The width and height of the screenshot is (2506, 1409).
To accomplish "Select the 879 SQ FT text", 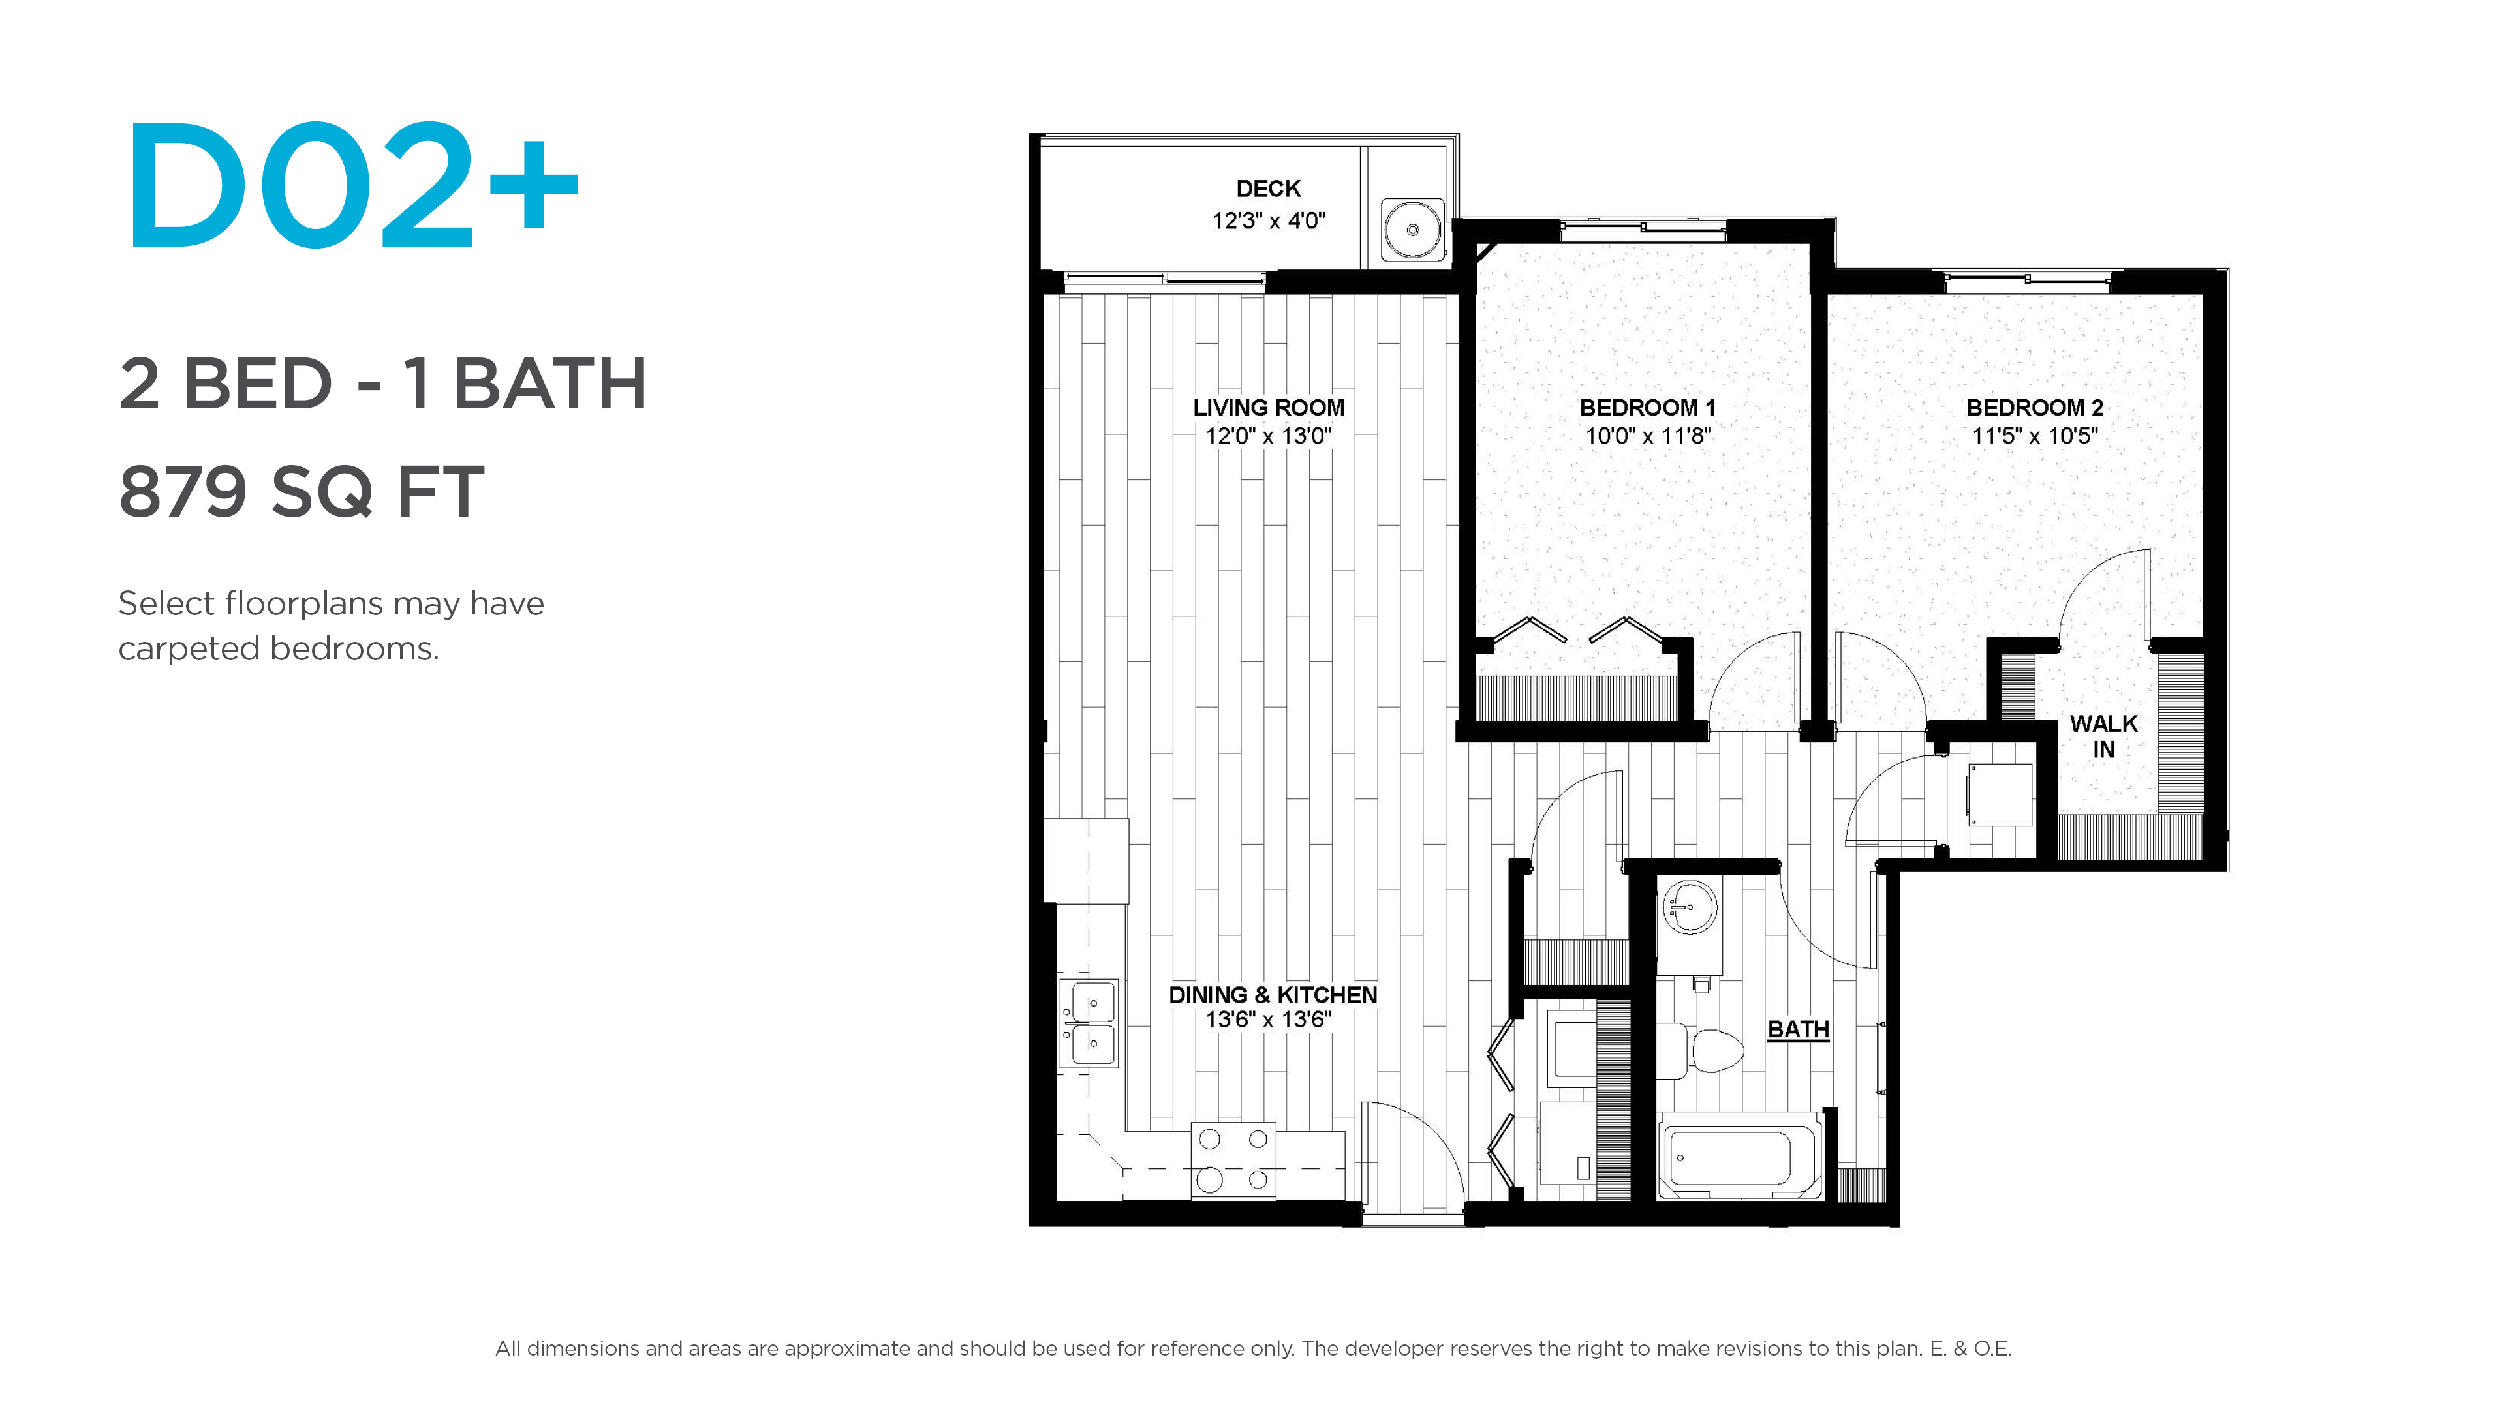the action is tap(302, 492).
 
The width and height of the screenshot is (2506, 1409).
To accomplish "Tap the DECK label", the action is tap(1267, 189).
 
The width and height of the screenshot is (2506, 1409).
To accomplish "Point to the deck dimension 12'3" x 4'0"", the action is tap(1269, 220).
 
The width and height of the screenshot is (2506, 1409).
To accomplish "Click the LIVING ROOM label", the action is tap(1269, 408).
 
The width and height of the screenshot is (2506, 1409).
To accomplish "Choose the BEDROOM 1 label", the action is tap(1648, 408).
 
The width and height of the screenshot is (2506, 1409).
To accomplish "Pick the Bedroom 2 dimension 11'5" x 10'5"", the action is tap(2034, 436).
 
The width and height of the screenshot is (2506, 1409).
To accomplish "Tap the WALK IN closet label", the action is tap(2103, 736).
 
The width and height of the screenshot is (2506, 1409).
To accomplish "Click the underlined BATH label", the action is tap(1798, 1029).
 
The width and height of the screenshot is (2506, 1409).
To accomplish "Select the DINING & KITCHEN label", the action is tap(1273, 995).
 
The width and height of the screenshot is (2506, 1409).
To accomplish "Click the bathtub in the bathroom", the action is tap(1739, 1156).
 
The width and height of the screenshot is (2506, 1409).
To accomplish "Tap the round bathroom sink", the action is tap(1690, 907).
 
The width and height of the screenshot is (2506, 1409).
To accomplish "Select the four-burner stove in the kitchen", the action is tap(1233, 1160).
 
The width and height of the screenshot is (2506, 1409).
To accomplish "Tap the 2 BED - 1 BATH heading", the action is tap(382, 383).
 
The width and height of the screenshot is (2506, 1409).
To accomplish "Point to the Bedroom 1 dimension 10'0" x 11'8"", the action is tap(1648, 436).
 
